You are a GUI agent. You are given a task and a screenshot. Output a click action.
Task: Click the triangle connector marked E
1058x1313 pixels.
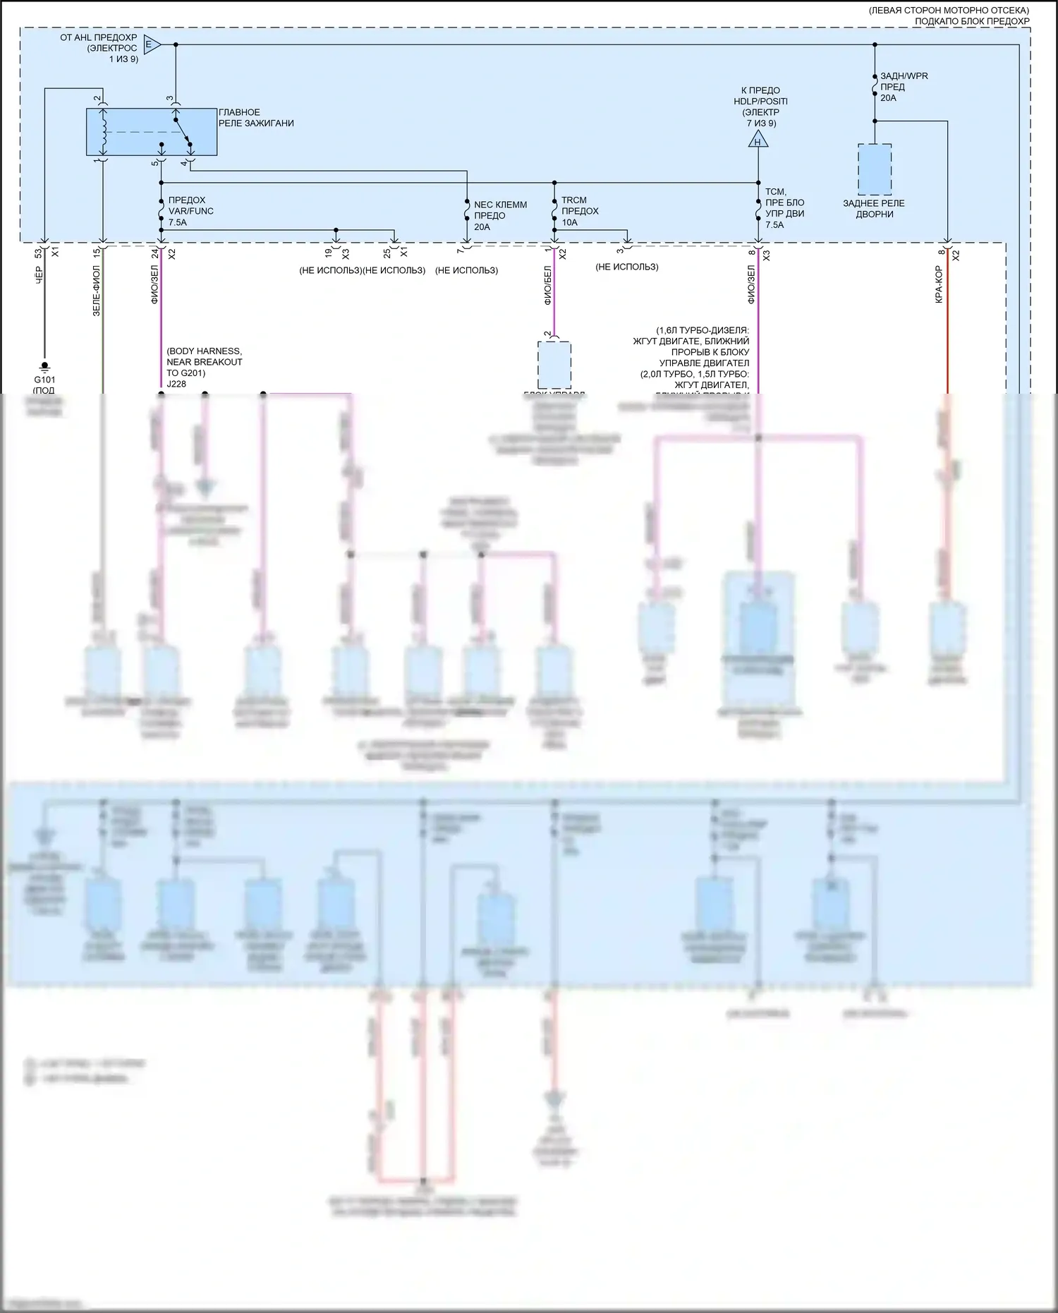[151, 44]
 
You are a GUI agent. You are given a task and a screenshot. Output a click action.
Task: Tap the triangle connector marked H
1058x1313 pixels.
[758, 140]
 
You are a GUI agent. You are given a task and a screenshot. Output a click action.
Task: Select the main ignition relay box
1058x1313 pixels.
[151, 132]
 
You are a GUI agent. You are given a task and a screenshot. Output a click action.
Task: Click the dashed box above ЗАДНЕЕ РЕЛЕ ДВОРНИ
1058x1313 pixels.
[875, 169]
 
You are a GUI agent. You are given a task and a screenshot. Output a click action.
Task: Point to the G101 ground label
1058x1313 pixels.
[44, 380]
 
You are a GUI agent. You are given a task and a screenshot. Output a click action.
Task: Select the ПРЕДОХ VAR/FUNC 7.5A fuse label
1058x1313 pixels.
[190, 211]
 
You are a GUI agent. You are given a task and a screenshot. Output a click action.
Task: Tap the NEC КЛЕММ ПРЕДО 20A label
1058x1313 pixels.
[500, 216]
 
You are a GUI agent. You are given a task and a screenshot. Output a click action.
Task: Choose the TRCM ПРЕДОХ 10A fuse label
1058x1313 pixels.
[580, 211]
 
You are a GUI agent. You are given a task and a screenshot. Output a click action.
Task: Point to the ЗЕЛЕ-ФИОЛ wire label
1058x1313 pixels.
[97, 290]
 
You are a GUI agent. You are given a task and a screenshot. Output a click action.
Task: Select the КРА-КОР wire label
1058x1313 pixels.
[939, 284]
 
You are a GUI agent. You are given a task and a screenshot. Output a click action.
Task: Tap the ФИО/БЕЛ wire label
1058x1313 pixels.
[547, 286]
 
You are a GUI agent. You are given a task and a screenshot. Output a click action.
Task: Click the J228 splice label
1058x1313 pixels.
[176, 384]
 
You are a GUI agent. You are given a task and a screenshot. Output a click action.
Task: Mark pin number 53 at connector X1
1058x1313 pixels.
[38, 253]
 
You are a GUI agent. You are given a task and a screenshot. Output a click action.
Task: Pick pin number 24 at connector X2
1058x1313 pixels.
[154, 253]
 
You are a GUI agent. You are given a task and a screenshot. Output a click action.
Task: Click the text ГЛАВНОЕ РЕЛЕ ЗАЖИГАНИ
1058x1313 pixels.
[256, 118]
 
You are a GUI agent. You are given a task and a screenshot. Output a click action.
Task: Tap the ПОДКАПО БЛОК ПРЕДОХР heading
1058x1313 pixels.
[971, 21]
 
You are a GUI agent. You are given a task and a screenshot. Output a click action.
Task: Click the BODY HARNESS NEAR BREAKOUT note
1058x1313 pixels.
[205, 362]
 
